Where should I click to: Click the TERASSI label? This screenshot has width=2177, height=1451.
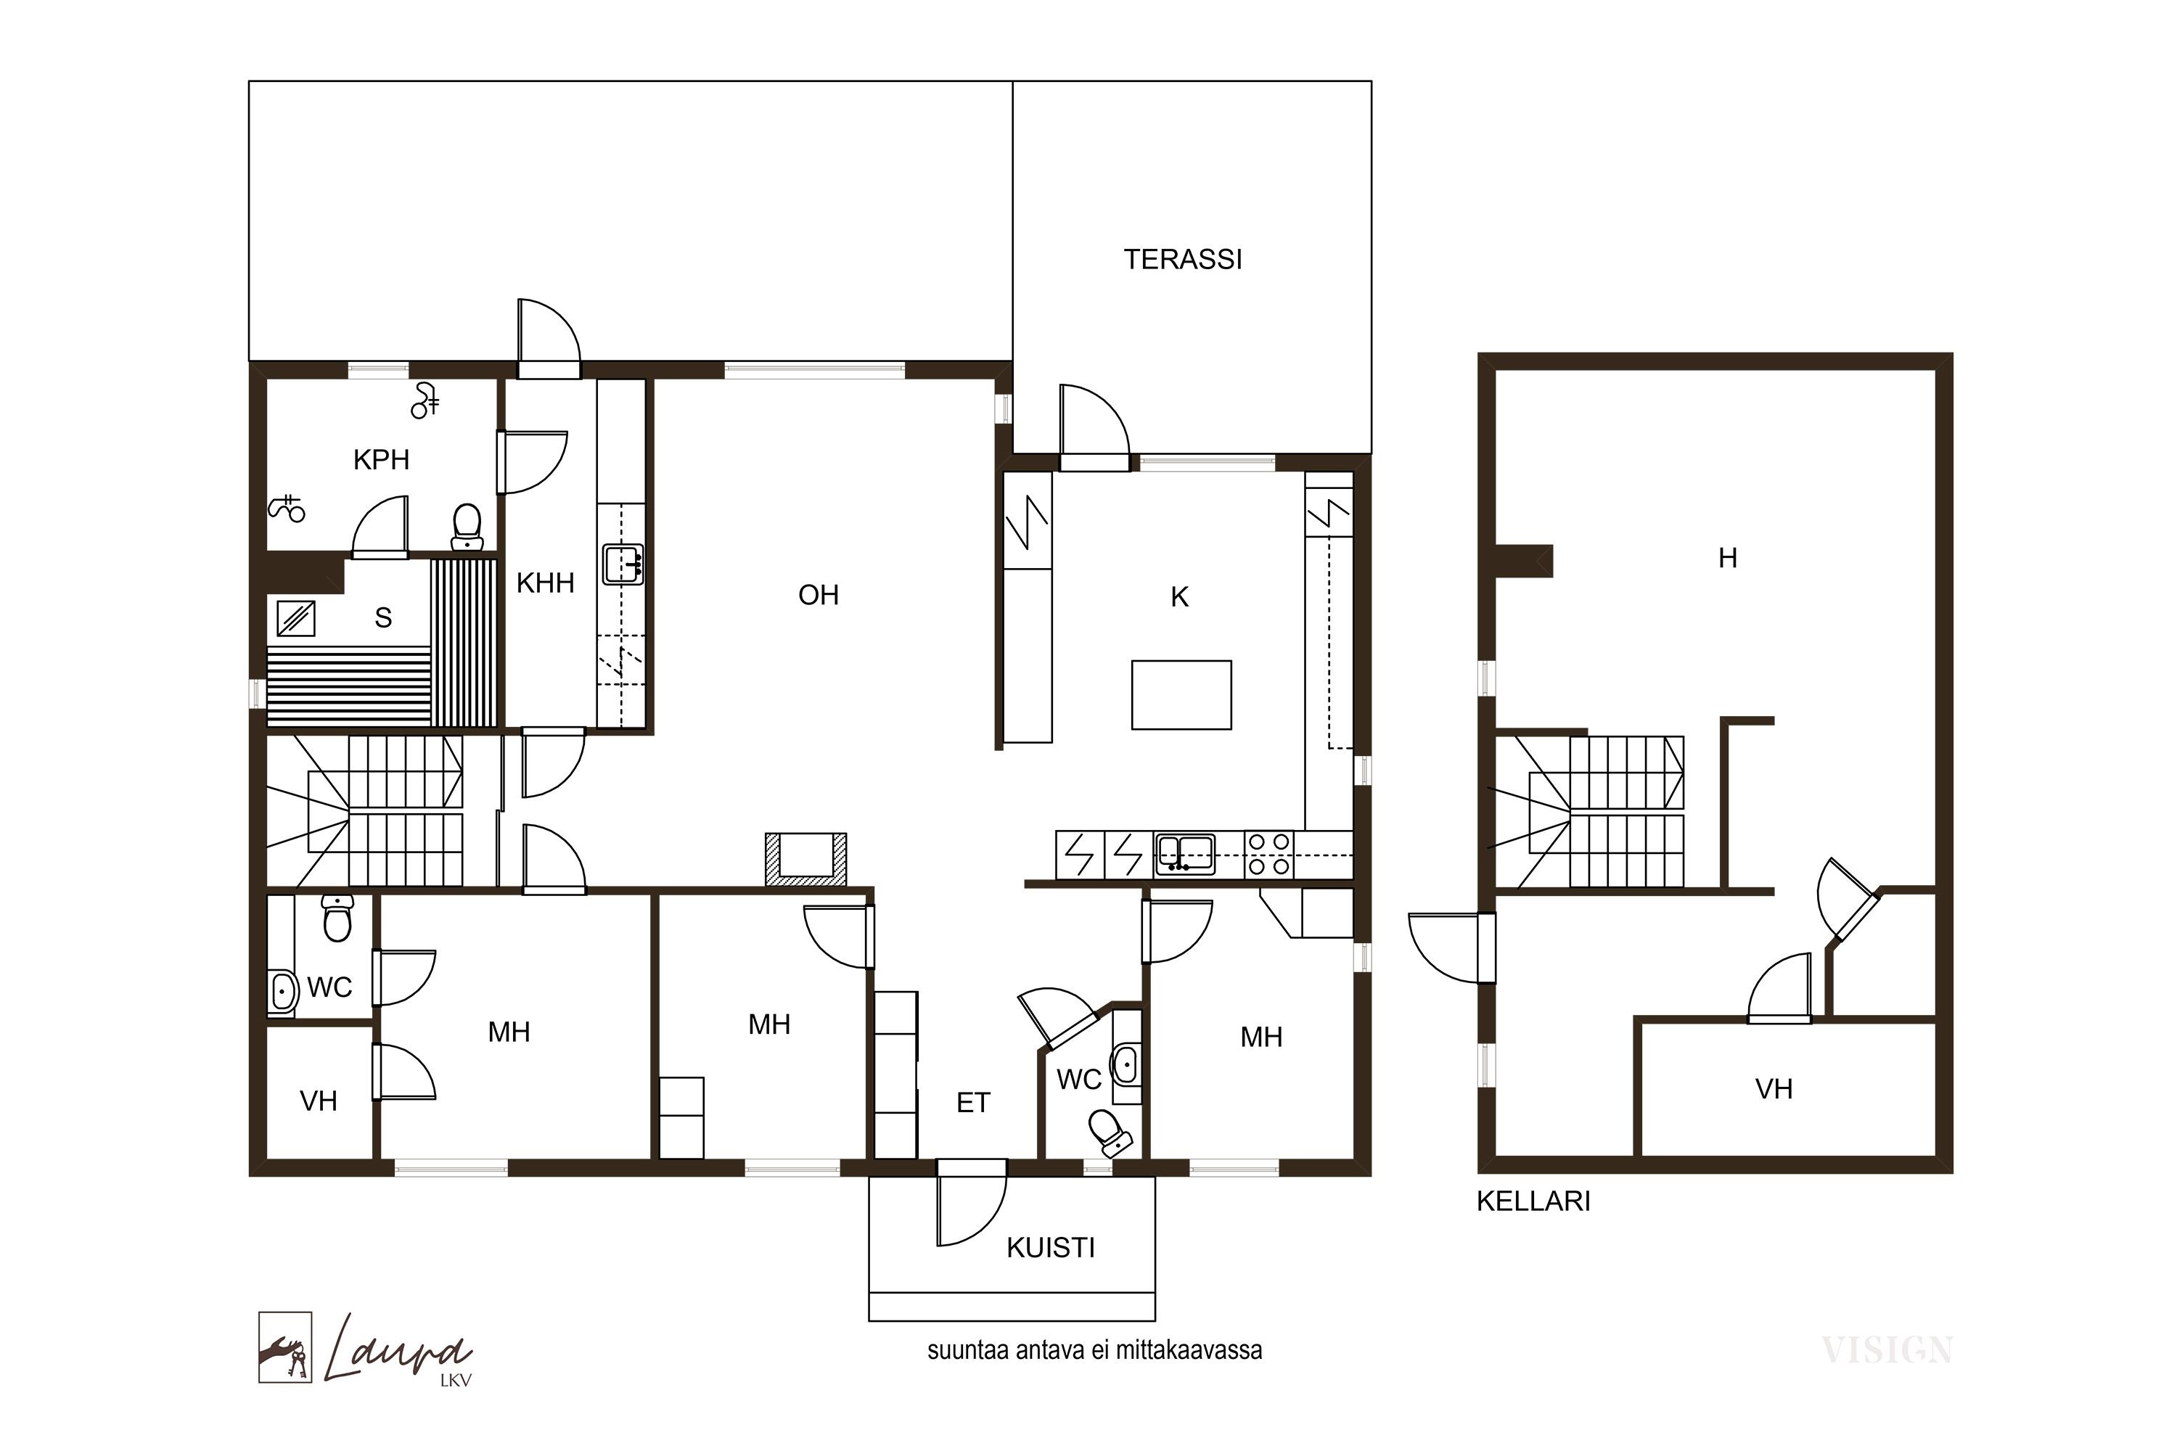click(x=1182, y=259)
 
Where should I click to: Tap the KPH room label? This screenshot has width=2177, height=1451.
click(x=382, y=459)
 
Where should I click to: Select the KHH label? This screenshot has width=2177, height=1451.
click(x=545, y=583)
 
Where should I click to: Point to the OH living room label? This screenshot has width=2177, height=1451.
click(x=819, y=595)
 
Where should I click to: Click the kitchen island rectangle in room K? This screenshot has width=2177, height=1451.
click(x=1181, y=695)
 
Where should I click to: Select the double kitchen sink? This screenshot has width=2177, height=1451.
click(x=1186, y=854)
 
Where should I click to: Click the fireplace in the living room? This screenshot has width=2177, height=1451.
click(x=805, y=859)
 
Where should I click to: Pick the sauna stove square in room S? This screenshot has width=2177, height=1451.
click(x=296, y=618)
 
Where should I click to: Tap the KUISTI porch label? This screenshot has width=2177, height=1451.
click(x=1051, y=1249)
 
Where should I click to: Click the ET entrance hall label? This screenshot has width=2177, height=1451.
click(x=973, y=1102)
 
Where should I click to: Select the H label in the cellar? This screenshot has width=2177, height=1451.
click(x=1727, y=558)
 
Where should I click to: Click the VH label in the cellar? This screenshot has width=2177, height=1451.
click(x=1774, y=1089)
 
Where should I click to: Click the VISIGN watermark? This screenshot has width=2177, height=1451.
click(x=1887, y=1351)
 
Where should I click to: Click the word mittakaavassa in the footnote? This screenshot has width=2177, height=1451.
click(x=1189, y=1350)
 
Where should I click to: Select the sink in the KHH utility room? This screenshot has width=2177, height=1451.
click(x=623, y=564)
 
